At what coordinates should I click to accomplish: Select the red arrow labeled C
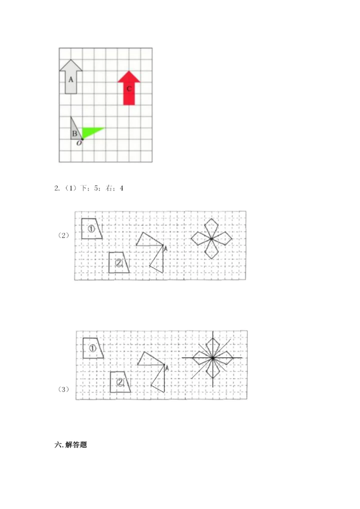coord(129,88)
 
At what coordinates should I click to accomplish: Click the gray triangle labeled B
coord(75,130)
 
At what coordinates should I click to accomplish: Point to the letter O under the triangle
coord(79,143)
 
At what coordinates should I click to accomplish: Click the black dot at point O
coord(82,139)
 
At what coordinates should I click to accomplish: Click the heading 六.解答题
coord(71,444)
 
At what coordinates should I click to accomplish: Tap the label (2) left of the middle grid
coord(63,235)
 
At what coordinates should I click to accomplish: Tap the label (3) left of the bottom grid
coord(63,389)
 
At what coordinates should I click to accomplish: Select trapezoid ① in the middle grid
coord(91,229)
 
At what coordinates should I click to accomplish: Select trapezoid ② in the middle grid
coord(118,262)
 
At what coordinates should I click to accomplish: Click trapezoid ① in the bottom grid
coord(92,348)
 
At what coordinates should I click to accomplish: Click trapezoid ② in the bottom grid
coord(120,382)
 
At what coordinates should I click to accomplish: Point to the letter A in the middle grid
coord(165,248)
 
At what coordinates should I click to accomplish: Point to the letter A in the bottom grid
coord(167,368)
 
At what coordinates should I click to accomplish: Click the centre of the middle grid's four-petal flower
coord(211,239)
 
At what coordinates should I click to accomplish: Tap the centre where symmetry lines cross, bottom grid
coord(212,358)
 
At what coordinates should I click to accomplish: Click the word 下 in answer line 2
coord(84,188)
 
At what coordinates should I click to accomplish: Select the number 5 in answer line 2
coord(96,188)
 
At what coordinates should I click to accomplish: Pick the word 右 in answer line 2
coord(108,188)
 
